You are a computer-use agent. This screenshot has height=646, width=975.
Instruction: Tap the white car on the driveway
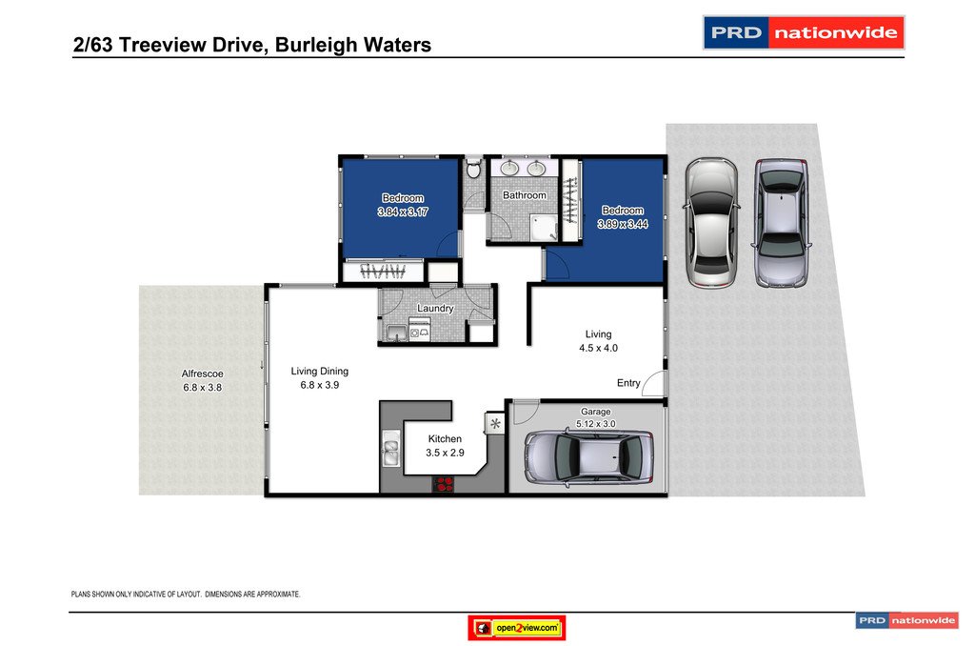pyautogui.click(x=710, y=221)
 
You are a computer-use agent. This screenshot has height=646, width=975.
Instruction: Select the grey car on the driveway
pyautogui.click(x=782, y=222)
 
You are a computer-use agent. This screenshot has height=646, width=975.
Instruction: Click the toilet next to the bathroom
pyautogui.click(x=473, y=171)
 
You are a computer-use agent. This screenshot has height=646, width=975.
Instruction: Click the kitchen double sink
pyautogui.click(x=390, y=450)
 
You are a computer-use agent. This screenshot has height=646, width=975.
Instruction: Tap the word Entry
pyautogui.click(x=628, y=383)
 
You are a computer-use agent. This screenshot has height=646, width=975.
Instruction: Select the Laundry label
pyautogui.click(x=435, y=309)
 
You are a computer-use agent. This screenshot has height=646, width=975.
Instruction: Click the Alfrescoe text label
pyautogui.click(x=201, y=373)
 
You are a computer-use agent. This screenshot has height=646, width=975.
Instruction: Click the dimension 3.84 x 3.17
pyautogui.click(x=403, y=212)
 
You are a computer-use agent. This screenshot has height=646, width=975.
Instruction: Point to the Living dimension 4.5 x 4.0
pyautogui.click(x=598, y=348)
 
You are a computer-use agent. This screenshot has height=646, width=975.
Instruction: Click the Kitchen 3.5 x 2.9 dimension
pyautogui.click(x=445, y=453)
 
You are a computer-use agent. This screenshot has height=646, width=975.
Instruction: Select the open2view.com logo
pyautogui.click(x=517, y=628)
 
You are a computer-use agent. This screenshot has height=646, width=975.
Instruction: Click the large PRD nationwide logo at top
pyautogui.click(x=803, y=32)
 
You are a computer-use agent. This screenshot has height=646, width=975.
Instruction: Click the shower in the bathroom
pyautogui.click(x=544, y=226)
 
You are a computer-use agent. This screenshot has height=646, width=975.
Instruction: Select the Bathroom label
pyautogui.click(x=525, y=195)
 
